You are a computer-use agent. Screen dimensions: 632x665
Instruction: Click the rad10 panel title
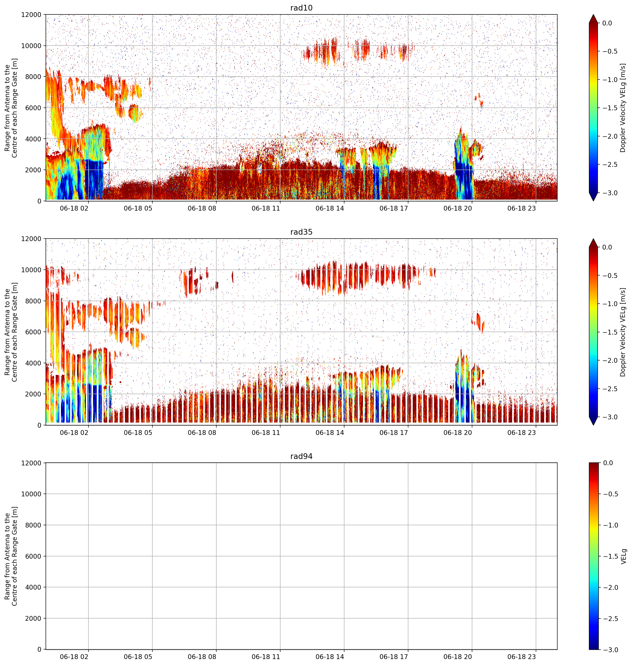[301, 8]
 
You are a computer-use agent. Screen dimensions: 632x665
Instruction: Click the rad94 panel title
[301, 456]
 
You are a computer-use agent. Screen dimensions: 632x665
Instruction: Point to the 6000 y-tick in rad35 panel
[34, 332]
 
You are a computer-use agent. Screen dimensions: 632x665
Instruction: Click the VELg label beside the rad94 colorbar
[624, 556]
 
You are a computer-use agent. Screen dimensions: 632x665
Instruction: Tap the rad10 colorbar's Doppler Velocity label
[623, 108]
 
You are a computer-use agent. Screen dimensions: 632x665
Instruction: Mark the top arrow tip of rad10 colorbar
[593, 14]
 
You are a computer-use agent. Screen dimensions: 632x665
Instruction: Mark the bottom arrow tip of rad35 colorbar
[593, 425]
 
